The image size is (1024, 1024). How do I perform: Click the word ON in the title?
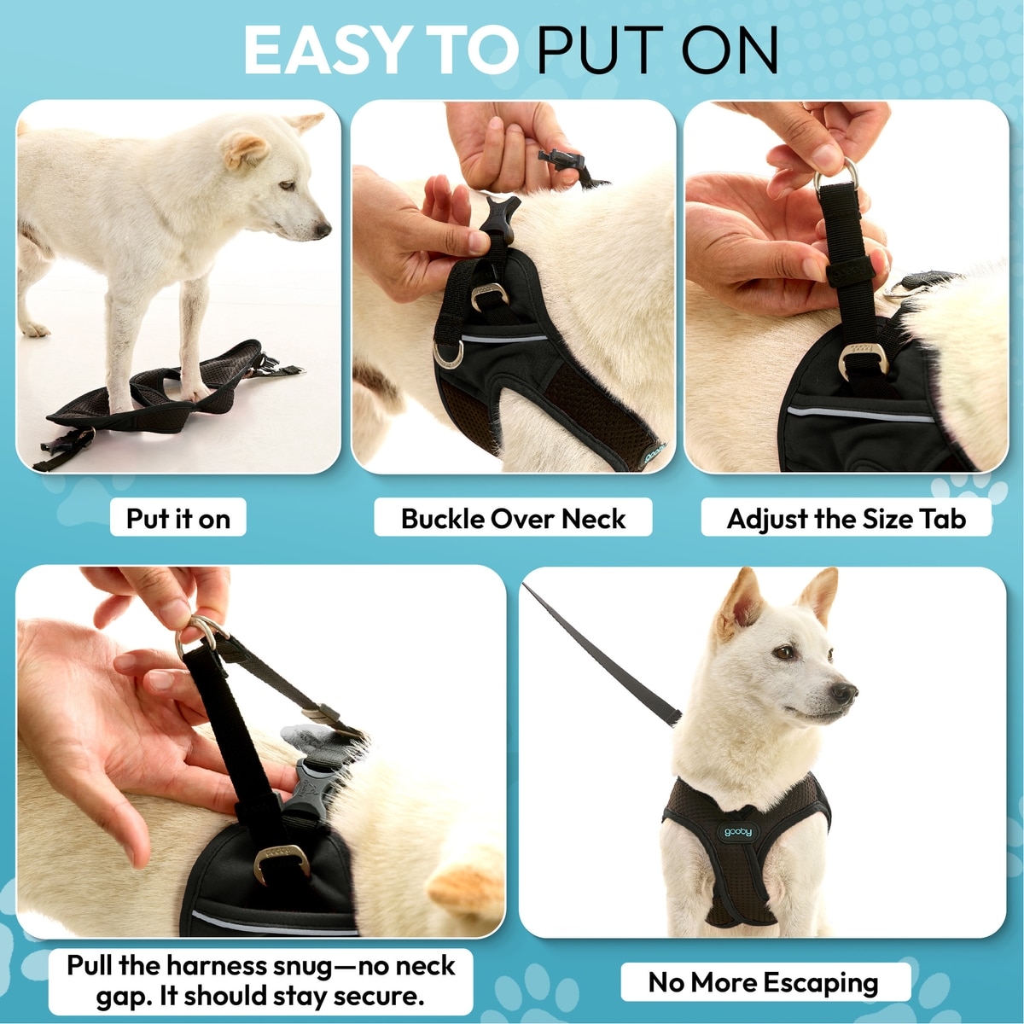pos(730,50)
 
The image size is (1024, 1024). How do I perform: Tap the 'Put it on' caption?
pos(178,519)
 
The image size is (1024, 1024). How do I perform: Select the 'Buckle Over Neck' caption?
pos(513,519)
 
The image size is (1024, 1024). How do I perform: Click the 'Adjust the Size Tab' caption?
pos(846,519)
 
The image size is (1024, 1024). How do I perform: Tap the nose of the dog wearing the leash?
pos(843,691)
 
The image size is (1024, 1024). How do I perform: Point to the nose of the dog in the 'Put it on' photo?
pos(323,229)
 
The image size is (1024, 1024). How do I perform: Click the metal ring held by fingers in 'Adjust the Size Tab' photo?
pos(835,177)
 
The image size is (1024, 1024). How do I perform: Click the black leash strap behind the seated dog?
pos(602,655)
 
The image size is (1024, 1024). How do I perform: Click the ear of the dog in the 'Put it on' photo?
pos(244,149)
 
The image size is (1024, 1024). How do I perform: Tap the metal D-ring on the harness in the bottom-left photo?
pos(282,863)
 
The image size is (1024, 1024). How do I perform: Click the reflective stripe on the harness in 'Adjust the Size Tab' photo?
pos(860,414)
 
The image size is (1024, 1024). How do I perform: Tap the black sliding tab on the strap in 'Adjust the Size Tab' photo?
pos(851,272)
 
